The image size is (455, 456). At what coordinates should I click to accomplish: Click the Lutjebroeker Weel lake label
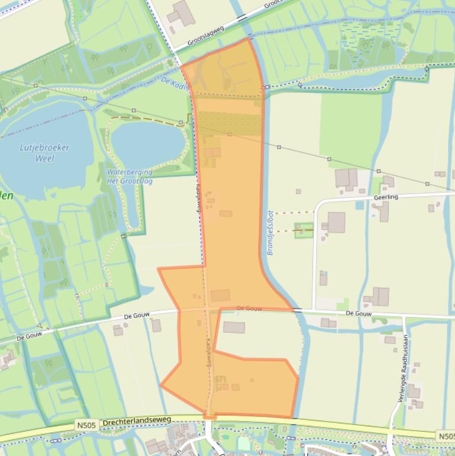44,153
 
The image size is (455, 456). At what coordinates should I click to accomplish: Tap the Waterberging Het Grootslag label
129,176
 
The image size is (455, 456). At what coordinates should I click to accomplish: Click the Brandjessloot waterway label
270,233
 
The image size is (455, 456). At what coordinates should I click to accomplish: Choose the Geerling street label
386,197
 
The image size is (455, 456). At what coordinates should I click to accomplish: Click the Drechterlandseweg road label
137,421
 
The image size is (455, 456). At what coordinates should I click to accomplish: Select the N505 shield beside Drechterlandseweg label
85,425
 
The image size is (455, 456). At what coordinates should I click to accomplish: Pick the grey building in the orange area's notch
234,327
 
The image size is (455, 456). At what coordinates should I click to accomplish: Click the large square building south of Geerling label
335,223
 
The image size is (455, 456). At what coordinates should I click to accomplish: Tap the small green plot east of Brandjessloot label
304,230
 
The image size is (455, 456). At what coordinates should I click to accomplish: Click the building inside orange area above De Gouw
220,296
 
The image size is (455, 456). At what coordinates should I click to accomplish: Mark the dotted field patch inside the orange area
228,124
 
